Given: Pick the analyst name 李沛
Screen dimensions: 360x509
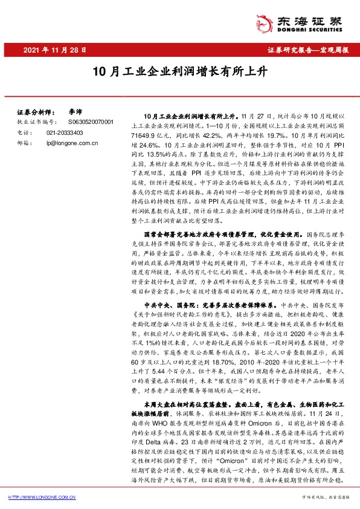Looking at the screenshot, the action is point(75,112).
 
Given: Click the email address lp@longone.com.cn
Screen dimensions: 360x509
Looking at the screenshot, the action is point(72,143).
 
